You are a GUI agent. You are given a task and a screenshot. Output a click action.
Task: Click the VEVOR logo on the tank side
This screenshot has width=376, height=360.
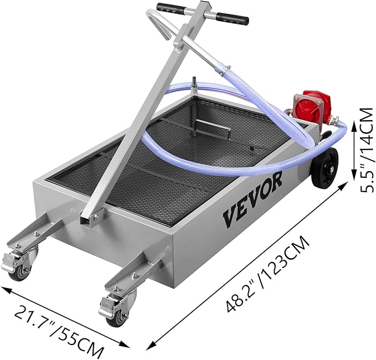click(253, 198)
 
